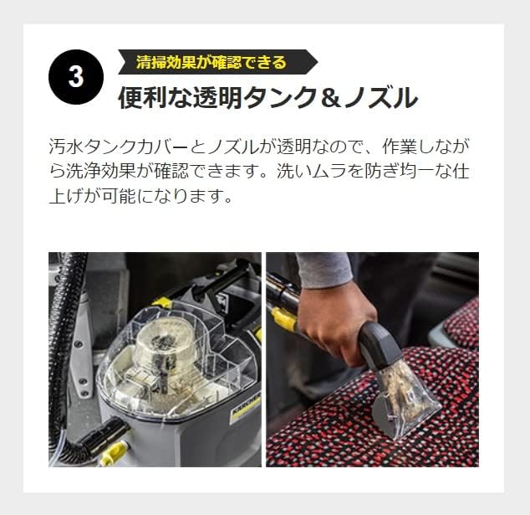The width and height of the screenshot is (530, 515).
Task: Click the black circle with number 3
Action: coord(76,78)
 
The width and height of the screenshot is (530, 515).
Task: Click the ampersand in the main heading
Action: coord(332,99)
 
